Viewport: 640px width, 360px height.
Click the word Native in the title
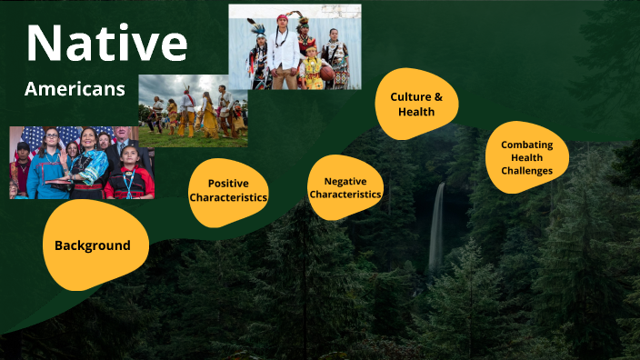pyautogui.click(x=106, y=43)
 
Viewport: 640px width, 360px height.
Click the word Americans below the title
pyautogui.click(x=75, y=89)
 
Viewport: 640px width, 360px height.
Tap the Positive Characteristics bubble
pyautogui.click(x=228, y=190)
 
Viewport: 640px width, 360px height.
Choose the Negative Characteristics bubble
pyautogui.click(x=345, y=187)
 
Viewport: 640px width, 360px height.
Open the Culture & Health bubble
pyautogui.click(x=415, y=105)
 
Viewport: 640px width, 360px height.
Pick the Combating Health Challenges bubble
pyautogui.click(x=526, y=157)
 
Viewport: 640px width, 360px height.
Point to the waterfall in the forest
pyautogui.click(x=437, y=227)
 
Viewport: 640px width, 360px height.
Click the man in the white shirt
pyautogui.click(x=284, y=55)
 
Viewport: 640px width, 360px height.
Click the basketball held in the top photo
pyautogui.click(x=326, y=73)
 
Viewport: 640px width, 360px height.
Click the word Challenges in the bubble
pyautogui.click(x=526, y=170)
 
